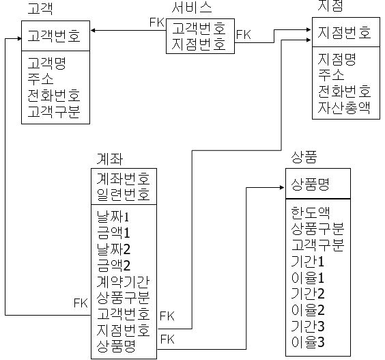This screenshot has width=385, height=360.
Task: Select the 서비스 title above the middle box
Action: click(x=192, y=9)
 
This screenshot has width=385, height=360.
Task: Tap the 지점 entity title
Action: click(x=330, y=8)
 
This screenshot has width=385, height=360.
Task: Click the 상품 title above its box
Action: click(x=303, y=158)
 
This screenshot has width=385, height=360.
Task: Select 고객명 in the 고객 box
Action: click(x=46, y=64)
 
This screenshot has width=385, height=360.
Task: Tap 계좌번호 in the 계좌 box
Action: click(x=124, y=179)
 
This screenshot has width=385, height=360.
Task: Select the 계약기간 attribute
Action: click(x=124, y=281)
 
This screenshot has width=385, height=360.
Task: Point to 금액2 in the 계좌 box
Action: click(x=113, y=265)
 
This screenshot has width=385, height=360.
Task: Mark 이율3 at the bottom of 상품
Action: click(x=308, y=342)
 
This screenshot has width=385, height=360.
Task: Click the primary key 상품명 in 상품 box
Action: click(x=311, y=184)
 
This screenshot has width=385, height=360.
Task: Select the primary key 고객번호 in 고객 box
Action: click(x=55, y=33)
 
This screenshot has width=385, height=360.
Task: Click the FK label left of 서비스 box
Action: click(x=157, y=22)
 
